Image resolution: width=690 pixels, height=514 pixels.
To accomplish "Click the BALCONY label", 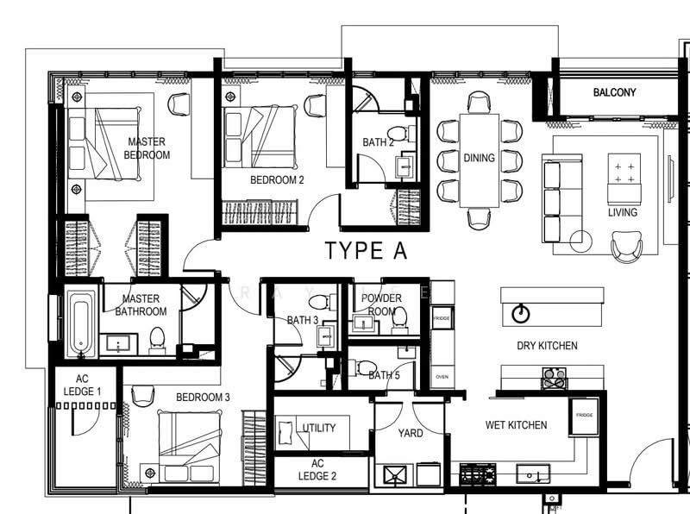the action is tap(614, 92).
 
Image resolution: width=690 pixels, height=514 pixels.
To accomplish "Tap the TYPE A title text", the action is tap(366, 250).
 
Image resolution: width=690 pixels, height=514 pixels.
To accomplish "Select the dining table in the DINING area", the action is tap(480, 160).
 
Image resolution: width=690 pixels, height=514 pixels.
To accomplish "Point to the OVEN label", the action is tap(442, 377).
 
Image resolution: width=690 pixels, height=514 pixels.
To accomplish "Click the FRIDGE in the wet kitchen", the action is tap(584, 416).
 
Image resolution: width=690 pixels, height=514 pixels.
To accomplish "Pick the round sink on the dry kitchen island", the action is tap(521, 313).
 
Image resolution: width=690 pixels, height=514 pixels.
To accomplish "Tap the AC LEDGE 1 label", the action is tap(82, 385).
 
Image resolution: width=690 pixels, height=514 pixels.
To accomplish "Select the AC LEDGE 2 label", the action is tap(317, 469).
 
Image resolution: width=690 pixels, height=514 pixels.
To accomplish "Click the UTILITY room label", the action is tap(319, 428).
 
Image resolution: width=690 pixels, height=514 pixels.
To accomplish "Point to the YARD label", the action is tap(411, 434).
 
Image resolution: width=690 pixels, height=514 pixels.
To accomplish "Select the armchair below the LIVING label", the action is tap(627, 247).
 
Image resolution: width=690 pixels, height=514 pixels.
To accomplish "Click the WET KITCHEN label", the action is tap(516, 425).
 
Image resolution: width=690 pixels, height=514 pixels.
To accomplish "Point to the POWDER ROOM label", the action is tap(381, 304).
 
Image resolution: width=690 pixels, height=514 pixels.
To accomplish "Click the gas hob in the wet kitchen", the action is tap(478, 474).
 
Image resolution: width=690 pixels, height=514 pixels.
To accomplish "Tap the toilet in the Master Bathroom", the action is tap(157, 340).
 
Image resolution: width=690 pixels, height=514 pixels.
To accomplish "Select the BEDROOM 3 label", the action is tap(203, 398).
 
